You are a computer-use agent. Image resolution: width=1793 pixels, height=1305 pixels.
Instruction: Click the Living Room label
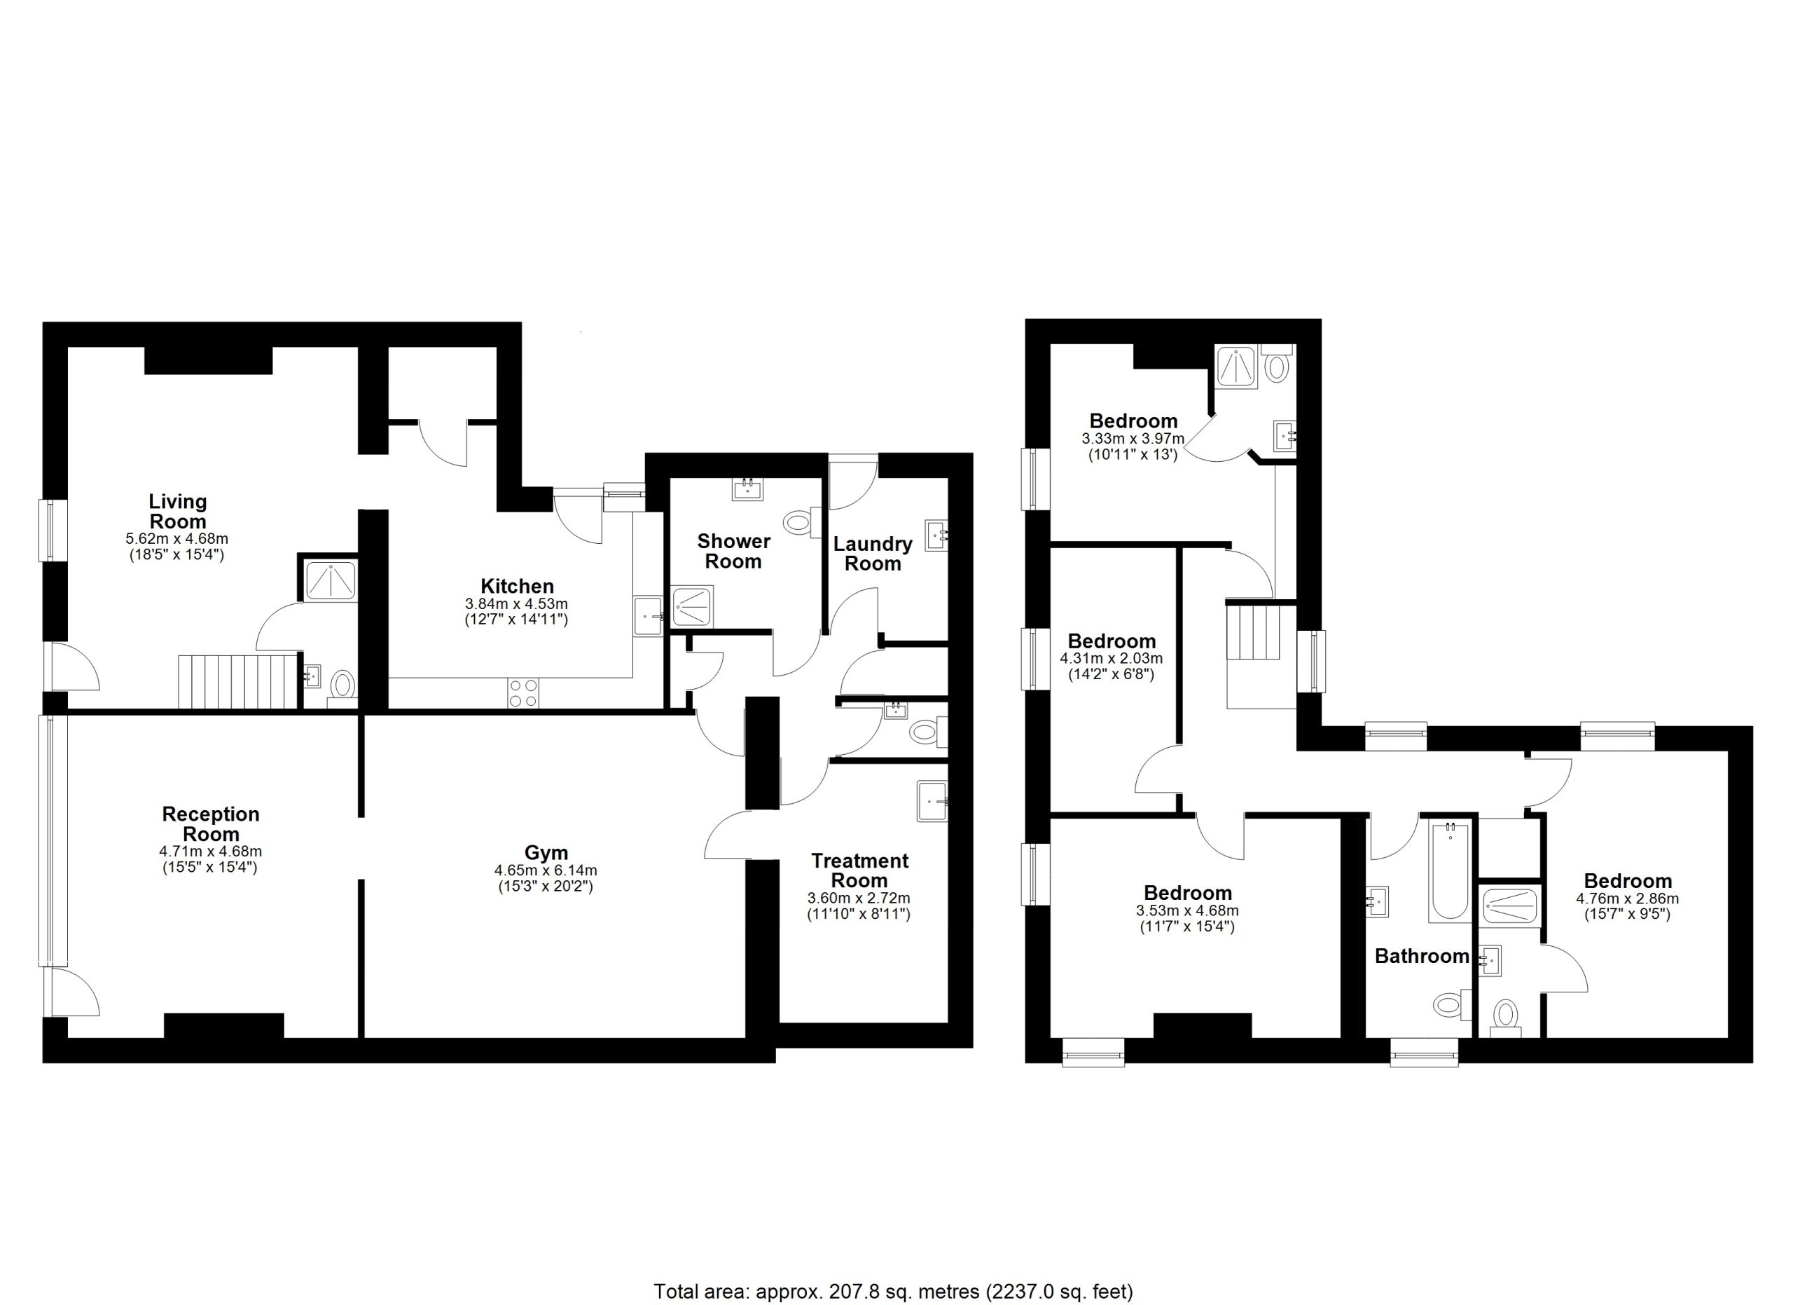178,512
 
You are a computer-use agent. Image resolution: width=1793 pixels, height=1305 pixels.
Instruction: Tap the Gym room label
546,853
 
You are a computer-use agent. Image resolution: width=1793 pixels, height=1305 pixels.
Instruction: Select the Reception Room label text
211,824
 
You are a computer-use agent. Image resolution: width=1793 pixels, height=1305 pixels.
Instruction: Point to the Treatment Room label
860,870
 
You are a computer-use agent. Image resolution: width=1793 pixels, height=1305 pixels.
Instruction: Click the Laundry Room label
873,554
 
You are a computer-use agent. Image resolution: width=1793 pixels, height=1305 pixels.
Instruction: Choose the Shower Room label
733,552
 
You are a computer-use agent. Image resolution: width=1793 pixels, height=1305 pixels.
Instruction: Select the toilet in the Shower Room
801,523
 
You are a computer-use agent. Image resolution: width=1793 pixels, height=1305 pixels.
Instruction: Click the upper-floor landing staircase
1252,632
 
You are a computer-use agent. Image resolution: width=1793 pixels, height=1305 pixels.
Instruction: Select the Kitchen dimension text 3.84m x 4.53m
516,603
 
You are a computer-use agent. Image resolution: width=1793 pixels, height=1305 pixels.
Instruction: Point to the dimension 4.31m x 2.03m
1111,658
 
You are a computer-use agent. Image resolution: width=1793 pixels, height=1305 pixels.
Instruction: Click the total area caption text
893,1292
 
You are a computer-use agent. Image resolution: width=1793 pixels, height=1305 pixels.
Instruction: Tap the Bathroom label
1421,956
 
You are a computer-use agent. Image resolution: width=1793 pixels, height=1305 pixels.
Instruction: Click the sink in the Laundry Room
937,535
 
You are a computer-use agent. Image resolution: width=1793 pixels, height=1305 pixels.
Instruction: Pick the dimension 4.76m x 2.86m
1627,899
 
